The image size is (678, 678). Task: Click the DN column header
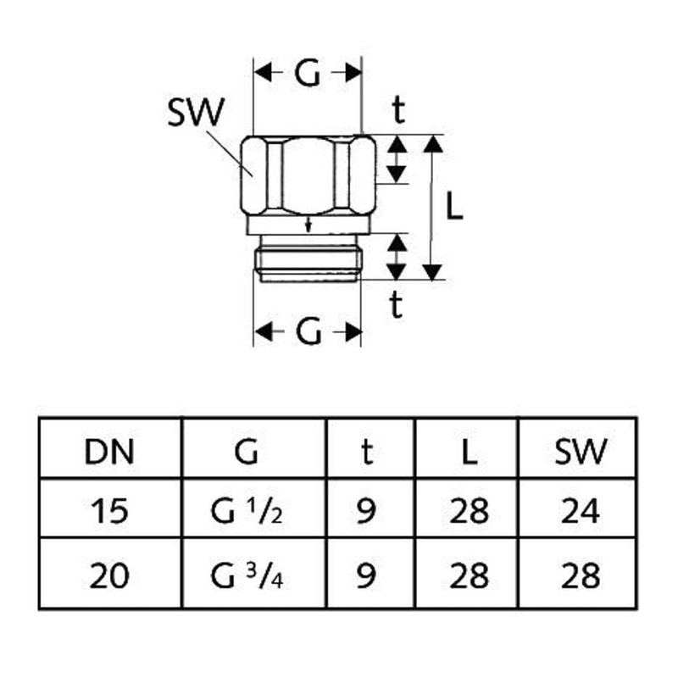pyautogui.click(x=109, y=453)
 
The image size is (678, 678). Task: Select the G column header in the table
pyautogui.click(x=247, y=452)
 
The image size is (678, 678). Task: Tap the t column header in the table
pyautogui.click(x=367, y=452)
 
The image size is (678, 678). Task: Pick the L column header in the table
pyautogui.click(x=470, y=453)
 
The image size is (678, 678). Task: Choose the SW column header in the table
pyautogui.click(x=581, y=452)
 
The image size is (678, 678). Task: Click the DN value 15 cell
pyautogui.click(x=109, y=511)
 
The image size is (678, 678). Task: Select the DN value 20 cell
pyautogui.click(x=109, y=575)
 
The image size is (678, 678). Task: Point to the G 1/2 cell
pyautogui.click(x=247, y=511)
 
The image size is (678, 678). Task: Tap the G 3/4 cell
pyautogui.click(x=247, y=575)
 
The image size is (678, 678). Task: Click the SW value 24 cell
pyautogui.click(x=581, y=511)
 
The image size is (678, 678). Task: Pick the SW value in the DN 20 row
pyautogui.click(x=581, y=575)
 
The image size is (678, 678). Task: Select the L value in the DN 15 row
pyautogui.click(x=470, y=511)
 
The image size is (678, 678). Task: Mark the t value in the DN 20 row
pyautogui.click(x=366, y=575)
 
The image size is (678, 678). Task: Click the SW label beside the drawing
pyautogui.click(x=196, y=112)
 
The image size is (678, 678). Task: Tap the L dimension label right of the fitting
pyautogui.click(x=454, y=206)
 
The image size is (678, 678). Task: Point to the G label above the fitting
pyautogui.click(x=308, y=72)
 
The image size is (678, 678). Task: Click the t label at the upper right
pyautogui.click(x=398, y=110)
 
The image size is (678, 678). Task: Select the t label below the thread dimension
pyautogui.click(x=396, y=304)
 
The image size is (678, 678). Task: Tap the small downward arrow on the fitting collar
pyautogui.click(x=308, y=224)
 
